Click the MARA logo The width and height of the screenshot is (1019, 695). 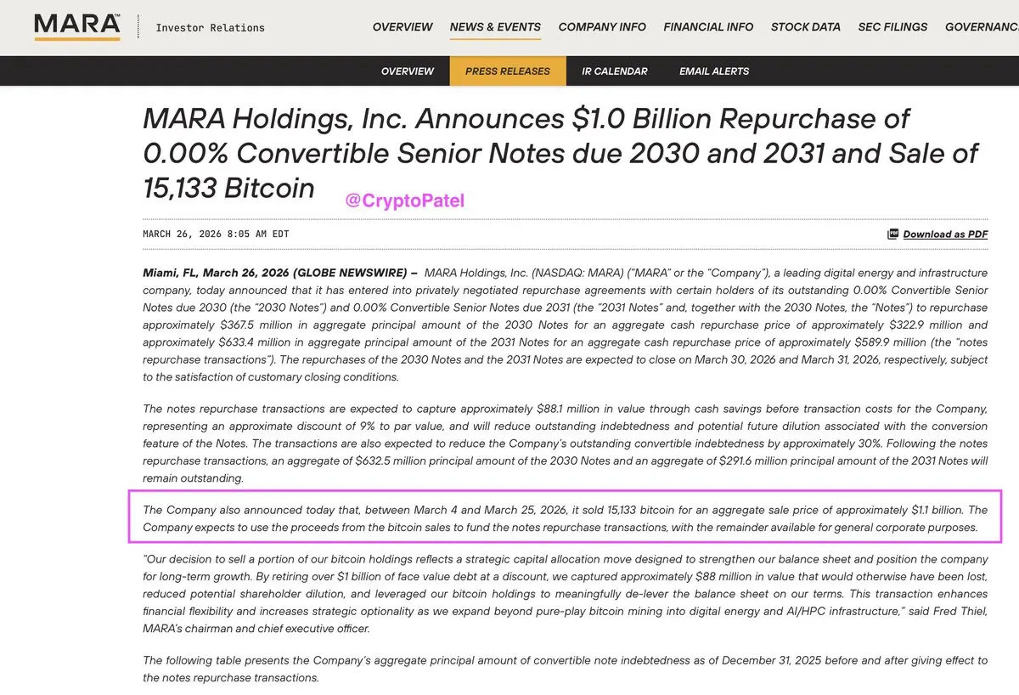point(76,26)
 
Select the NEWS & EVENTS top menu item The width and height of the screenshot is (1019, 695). point(495,27)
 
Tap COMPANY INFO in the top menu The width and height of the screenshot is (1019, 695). point(602,27)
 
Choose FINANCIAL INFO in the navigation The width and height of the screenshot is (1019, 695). point(708,27)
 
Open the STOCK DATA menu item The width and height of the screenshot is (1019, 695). point(805,27)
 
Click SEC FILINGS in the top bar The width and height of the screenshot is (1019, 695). point(892,27)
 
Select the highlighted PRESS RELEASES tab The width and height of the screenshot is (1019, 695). point(508,71)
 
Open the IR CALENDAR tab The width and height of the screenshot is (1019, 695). point(615,71)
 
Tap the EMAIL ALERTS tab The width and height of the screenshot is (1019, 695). point(714,71)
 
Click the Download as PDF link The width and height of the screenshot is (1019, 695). point(945,234)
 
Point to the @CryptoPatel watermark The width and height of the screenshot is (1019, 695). point(405,201)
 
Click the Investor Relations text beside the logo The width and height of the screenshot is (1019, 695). point(210,28)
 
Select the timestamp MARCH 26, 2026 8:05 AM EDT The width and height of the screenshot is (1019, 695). point(216,234)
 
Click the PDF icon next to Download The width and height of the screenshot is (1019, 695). point(892,234)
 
